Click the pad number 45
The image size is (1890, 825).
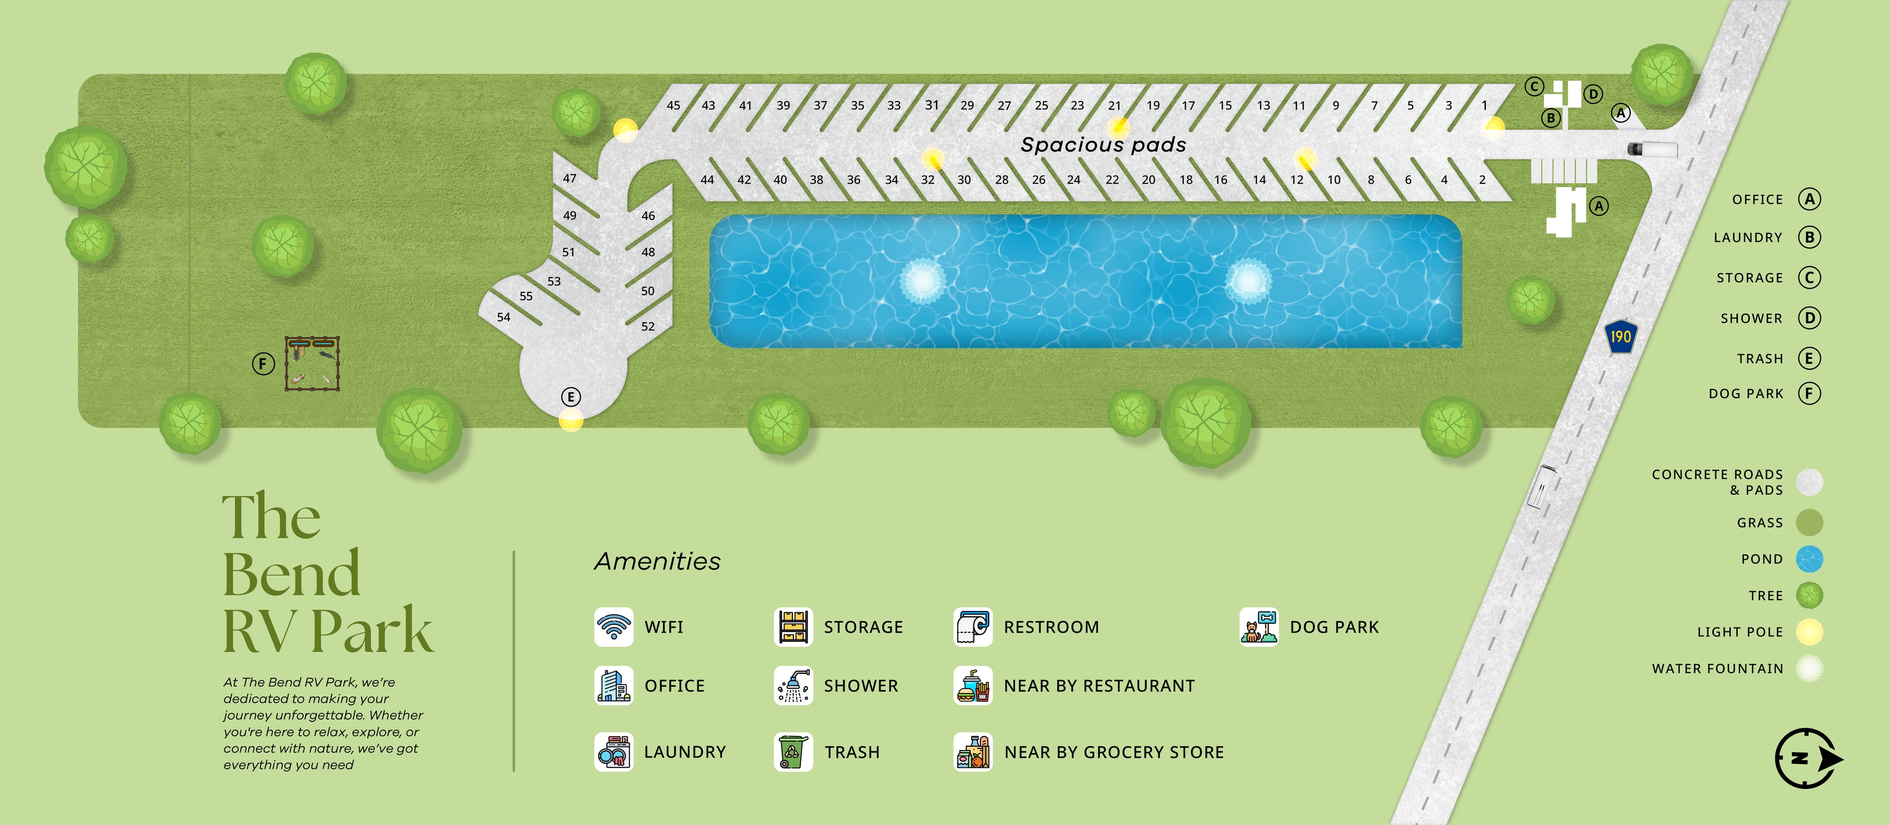(x=673, y=105)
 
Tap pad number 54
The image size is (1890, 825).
(x=504, y=317)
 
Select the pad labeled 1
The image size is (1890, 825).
(x=1484, y=105)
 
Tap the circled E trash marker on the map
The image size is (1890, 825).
(x=571, y=397)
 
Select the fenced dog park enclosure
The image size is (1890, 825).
(x=313, y=363)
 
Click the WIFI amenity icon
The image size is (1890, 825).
(x=613, y=627)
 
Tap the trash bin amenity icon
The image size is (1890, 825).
(x=793, y=752)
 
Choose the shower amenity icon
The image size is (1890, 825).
(x=793, y=686)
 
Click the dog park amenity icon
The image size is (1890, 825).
(x=1259, y=627)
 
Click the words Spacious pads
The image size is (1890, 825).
(x=1103, y=145)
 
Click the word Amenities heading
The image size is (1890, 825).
(x=658, y=562)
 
